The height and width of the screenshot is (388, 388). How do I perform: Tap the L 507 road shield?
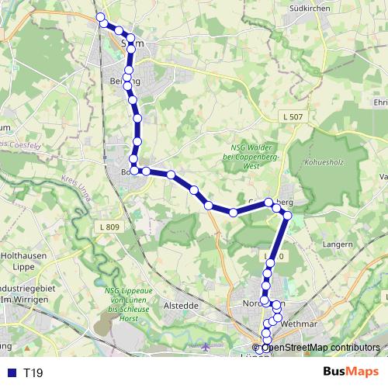pos(292,116)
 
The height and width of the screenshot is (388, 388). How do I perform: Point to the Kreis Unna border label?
pos(74,192)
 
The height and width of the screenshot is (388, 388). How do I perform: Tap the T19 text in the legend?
pos(33,373)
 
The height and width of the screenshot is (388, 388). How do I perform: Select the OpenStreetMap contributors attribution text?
pos(320,348)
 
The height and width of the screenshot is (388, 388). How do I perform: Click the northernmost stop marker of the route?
pos(99,17)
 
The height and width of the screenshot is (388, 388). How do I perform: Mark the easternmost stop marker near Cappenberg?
pos(287,215)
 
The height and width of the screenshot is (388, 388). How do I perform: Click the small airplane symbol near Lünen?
pos(205,345)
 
